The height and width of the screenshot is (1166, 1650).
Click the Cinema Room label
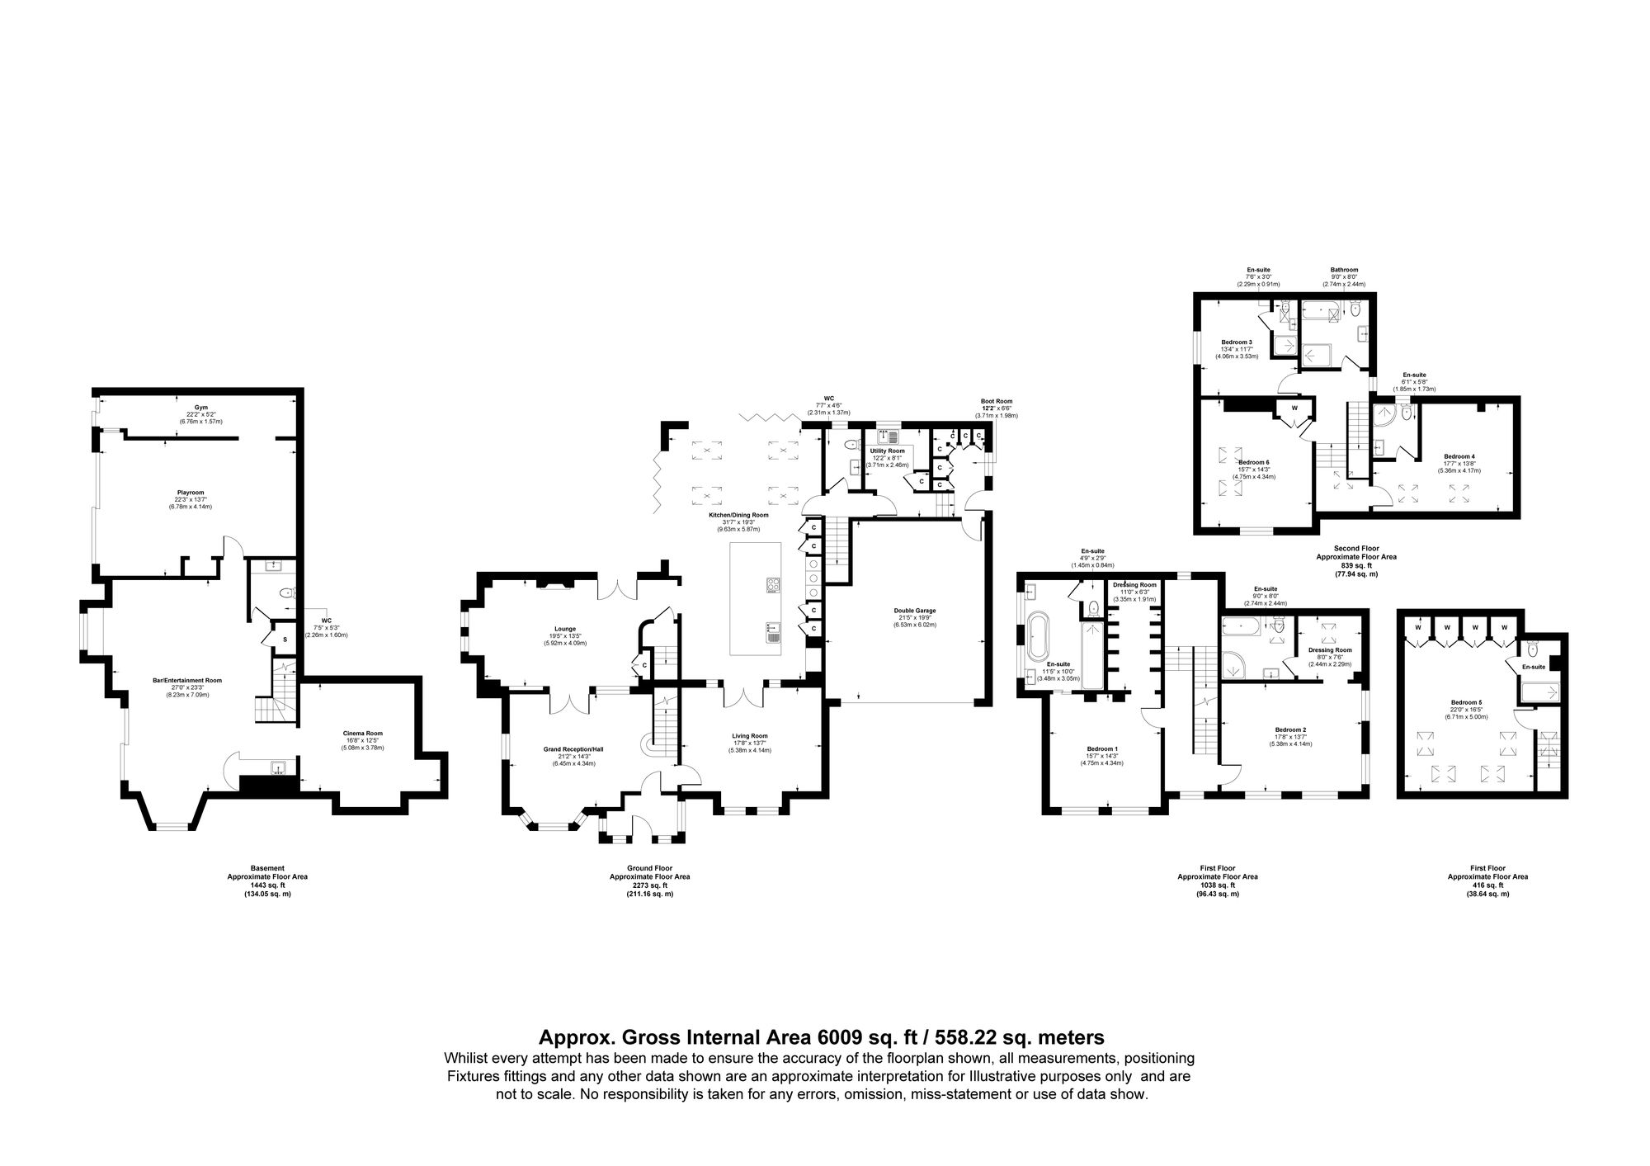tap(363, 733)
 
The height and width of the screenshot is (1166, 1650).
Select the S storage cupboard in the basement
tap(285, 640)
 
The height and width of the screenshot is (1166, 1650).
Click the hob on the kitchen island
tap(774, 584)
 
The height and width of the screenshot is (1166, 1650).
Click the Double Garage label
tap(915, 611)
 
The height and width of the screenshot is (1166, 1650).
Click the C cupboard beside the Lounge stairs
tap(644, 664)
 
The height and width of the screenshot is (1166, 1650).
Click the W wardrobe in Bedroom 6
tap(1294, 408)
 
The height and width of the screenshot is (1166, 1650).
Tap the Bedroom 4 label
tap(1459, 456)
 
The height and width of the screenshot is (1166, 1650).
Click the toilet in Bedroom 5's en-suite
tap(1532, 649)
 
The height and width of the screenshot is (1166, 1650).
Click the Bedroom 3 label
tap(1237, 342)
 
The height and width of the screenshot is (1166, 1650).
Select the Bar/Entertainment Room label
tap(187, 681)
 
